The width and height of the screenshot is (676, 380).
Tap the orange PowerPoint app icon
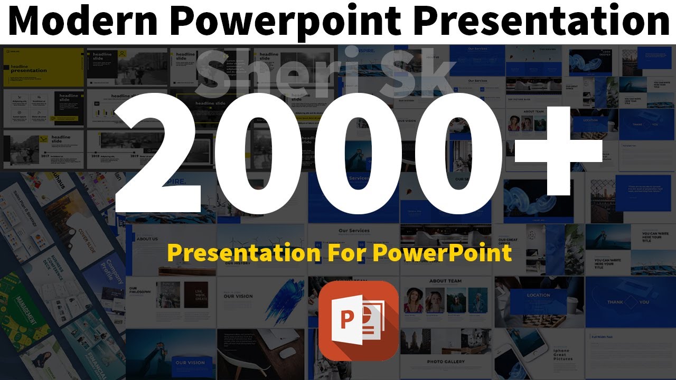(359, 320)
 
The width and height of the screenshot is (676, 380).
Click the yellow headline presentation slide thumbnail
(43, 68)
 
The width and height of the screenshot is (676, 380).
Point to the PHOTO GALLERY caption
(446, 362)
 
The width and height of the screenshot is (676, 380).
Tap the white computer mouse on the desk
(287, 353)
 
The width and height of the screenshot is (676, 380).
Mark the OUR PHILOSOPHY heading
(140, 292)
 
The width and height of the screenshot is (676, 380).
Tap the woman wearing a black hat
(412, 301)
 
